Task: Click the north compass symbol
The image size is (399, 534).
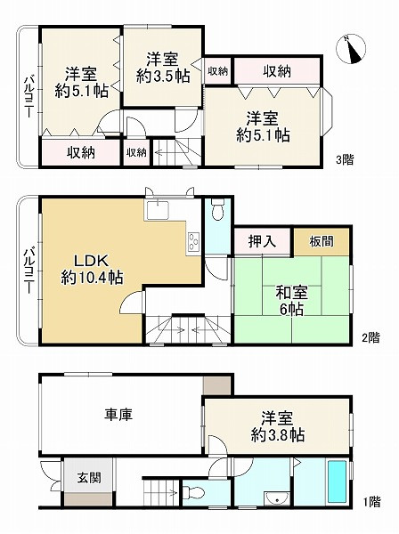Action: tap(351, 49)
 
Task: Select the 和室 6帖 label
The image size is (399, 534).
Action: tap(291, 301)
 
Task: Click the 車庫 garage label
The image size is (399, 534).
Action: tap(118, 415)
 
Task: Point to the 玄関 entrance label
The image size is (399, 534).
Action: tap(89, 477)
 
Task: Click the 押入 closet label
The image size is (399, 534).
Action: tap(262, 241)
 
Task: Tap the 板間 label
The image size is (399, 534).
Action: tap(322, 241)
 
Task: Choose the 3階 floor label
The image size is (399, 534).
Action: tap(345, 159)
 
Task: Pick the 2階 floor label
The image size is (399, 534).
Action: tap(370, 337)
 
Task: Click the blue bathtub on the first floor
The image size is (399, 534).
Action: tap(337, 481)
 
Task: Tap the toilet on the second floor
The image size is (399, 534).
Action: tap(217, 209)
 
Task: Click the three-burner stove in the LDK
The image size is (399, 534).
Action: tap(193, 241)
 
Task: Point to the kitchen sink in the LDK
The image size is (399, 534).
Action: tap(158, 210)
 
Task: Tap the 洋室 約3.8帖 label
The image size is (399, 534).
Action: tap(277, 426)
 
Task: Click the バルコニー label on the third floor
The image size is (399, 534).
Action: tap(28, 97)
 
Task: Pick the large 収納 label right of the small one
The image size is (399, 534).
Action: tap(277, 71)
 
